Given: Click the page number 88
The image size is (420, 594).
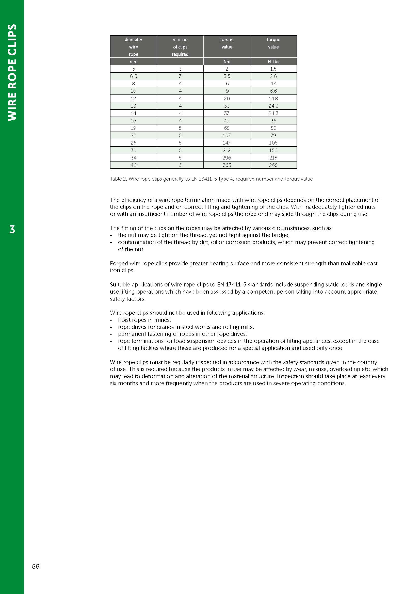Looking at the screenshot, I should [x=36, y=566].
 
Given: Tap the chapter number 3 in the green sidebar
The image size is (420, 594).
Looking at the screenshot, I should [x=12, y=230].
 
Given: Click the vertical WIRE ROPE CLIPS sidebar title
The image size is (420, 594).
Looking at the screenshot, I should [x=12, y=72].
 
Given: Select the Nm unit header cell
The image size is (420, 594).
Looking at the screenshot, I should [x=227, y=61].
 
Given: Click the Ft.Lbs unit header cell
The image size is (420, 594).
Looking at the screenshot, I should [x=273, y=61].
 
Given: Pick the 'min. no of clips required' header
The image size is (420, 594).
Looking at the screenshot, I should [x=180, y=47].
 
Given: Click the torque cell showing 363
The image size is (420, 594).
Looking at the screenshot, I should [x=227, y=165].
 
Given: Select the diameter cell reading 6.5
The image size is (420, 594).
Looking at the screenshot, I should [x=134, y=76].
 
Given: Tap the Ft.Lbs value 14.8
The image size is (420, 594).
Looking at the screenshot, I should [x=273, y=99].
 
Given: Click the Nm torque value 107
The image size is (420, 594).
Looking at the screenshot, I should [x=227, y=135].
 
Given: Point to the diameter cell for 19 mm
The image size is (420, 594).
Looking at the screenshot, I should [x=134, y=128].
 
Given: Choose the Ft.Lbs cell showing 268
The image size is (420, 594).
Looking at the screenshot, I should [x=273, y=165].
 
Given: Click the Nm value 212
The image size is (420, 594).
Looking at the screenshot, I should [x=227, y=150].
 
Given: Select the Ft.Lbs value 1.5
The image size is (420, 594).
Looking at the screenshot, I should [x=273, y=69].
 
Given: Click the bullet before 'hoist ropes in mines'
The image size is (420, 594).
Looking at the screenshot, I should [x=111, y=320].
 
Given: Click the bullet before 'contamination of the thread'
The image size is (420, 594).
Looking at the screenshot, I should [x=111, y=243].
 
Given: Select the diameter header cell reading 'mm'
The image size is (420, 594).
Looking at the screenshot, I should [x=134, y=61].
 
